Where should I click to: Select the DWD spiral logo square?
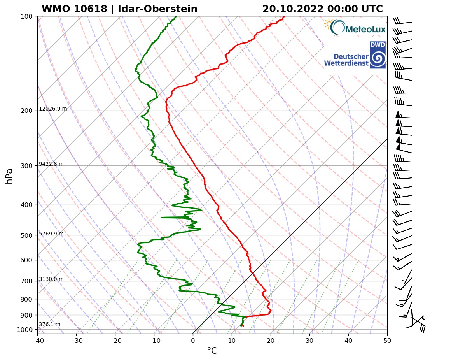(378, 55)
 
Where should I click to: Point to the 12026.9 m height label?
(53, 109)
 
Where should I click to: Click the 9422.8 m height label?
(51, 164)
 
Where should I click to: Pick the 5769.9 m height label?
(51, 234)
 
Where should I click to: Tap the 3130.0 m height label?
(51, 279)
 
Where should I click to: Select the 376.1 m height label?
(50, 325)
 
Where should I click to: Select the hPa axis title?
(9, 176)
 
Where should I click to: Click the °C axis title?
(212, 351)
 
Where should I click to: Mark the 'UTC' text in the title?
(372, 9)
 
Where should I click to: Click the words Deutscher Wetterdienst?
(346, 60)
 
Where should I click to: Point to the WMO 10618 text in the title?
(74, 9)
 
